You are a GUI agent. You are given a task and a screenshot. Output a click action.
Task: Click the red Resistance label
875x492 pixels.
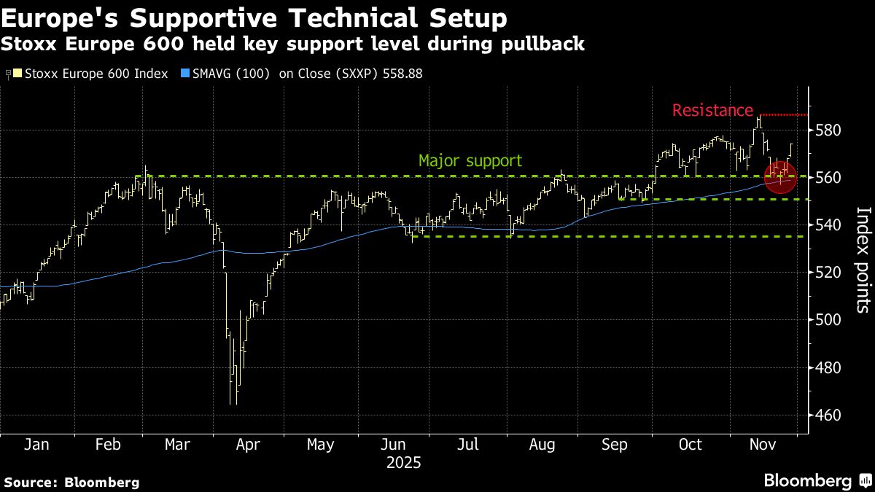[x=712, y=111]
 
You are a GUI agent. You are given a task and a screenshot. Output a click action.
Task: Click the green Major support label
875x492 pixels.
[x=470, y=160]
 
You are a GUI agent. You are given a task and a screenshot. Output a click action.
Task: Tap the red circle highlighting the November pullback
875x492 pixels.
[x=780, y=175]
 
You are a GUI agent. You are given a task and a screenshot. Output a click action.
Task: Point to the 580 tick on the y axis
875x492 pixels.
[x=827, y=130]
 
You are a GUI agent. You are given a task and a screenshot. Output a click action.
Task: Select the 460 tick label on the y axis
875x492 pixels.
[x=827, y=415]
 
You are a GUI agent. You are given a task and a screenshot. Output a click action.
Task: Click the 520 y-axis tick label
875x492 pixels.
[x=827, y=273]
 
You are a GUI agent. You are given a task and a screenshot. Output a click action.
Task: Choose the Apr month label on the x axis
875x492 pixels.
[x=248, y=445]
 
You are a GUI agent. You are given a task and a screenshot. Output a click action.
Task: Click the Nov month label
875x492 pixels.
[x=764, y=445]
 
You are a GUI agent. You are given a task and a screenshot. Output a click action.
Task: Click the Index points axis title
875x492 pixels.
[x=862, y=260]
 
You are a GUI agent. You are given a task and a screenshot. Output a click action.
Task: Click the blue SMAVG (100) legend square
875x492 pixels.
[x=185, y=74]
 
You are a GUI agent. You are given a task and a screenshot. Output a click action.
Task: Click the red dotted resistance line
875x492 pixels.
[x=784, y=114]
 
